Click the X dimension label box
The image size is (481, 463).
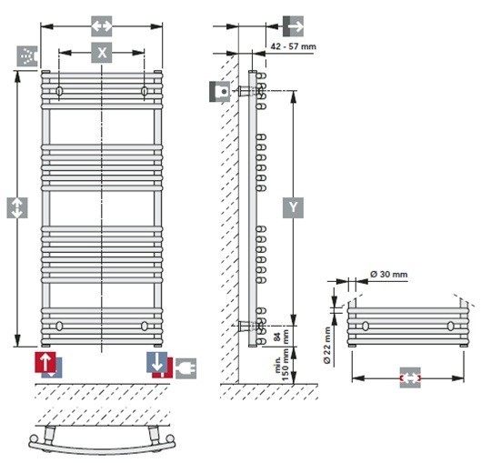click(102, 53)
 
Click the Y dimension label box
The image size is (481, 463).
click(293, 207)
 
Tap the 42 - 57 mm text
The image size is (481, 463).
click(293, 46)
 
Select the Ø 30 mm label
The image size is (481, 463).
click(388, 274)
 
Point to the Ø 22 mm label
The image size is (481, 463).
click(327, 346)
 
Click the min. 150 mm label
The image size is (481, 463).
click(282, 365)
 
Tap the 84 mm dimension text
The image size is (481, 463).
click(281, 337)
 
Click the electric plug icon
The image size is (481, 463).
click(185, 368)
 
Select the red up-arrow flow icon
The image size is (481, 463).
click(45, 362)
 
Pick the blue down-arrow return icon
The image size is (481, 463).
click(156, 362)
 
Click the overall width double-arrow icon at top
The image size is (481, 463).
click(102, 26)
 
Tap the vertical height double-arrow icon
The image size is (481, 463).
click(17, 207)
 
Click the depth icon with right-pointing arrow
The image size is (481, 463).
click(293, 26)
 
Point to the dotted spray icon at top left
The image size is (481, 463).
click(27, 56)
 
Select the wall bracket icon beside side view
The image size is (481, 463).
click(220, 92)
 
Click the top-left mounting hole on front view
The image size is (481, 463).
click(59, 91)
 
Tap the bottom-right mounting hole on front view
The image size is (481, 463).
click(145, 326)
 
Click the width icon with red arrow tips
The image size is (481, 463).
click(410, 377)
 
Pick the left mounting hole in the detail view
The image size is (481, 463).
click(366, 326)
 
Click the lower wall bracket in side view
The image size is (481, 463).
click(246, 326)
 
